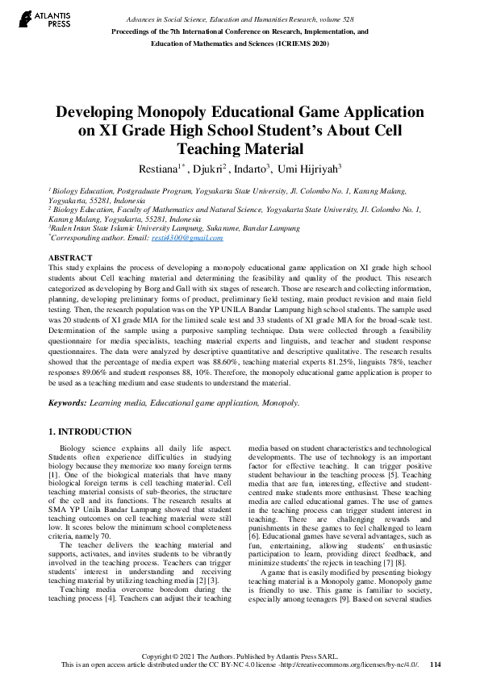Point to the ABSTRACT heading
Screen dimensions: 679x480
coord(70,257)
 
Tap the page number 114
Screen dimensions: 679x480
coord(436,664)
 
